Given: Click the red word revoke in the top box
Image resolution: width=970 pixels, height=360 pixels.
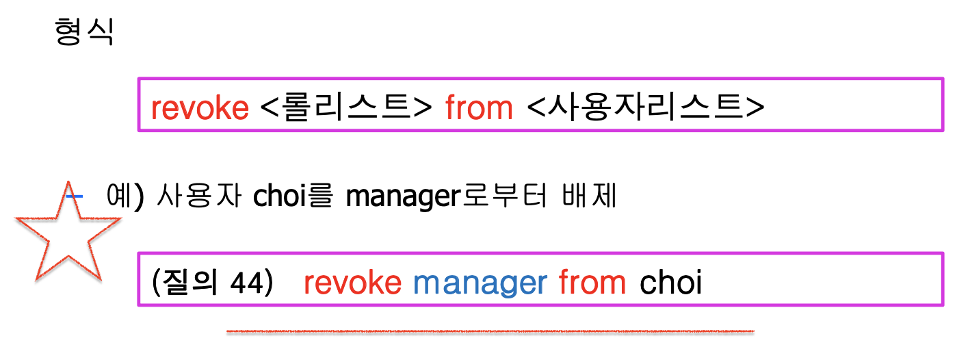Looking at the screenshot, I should pos(200,107).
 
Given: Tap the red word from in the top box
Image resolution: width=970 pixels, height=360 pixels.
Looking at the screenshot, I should pos(479,107).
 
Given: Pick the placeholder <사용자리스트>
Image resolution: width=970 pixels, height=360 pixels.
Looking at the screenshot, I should pos(646,107).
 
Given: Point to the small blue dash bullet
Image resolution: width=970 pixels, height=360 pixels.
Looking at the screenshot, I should pos(75,196).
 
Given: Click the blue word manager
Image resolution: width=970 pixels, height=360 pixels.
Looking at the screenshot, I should pos(480,283).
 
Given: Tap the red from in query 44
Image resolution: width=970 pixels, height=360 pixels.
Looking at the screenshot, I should pos(592,283).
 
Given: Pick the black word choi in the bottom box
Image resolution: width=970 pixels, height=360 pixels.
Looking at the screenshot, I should pos(671,283).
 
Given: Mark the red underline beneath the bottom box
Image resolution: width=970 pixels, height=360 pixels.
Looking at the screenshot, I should pos(490,333).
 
